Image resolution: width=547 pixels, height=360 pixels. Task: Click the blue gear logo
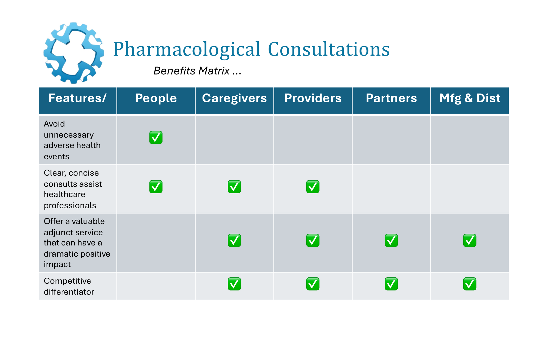[x=74, y=53]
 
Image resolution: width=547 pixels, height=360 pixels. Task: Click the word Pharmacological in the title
[x=186, y=49]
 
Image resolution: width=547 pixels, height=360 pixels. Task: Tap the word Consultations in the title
[x=329, y=49]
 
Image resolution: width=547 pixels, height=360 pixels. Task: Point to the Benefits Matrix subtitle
[x=197, y=71]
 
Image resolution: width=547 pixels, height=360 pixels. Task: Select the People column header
[x=156, y=98]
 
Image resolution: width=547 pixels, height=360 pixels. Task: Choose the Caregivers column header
[x=234, y=98]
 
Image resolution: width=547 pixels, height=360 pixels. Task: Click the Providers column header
[x=313, y=98]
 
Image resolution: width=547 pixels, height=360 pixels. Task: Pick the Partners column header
[x=391, y=98]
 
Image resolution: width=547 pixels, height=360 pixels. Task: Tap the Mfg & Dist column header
[x=470, y=98]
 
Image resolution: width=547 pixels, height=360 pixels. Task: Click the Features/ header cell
[x=77, y=98]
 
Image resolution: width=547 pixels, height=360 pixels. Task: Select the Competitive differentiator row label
[x=69, y=286]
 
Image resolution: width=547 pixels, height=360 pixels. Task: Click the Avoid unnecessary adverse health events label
[x=72, y=140]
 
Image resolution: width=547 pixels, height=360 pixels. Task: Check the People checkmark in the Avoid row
[x=156, y=137]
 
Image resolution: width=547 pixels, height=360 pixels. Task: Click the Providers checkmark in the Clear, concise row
[x=313, y=187]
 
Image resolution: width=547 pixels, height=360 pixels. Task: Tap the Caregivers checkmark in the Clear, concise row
[x=234, y=187]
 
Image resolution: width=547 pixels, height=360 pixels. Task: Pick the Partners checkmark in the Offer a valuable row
[x=391, y=240]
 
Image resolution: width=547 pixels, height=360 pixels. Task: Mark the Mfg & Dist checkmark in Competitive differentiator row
[x=470, y=284]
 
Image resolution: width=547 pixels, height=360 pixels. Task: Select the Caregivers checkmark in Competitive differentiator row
[x=234, y=284]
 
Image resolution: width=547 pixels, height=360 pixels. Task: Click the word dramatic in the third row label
[x=59, y=254]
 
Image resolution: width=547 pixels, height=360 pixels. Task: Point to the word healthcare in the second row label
[x=64, y=195]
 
